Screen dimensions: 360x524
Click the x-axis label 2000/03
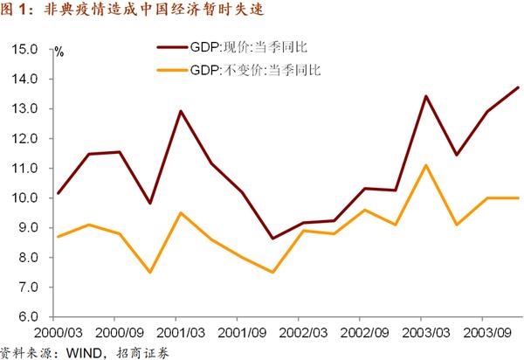point(58,333)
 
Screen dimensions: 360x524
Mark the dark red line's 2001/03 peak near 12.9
point(180,111)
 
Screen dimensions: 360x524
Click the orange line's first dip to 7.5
point(150,272)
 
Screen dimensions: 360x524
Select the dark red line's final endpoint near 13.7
point(518,87)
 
